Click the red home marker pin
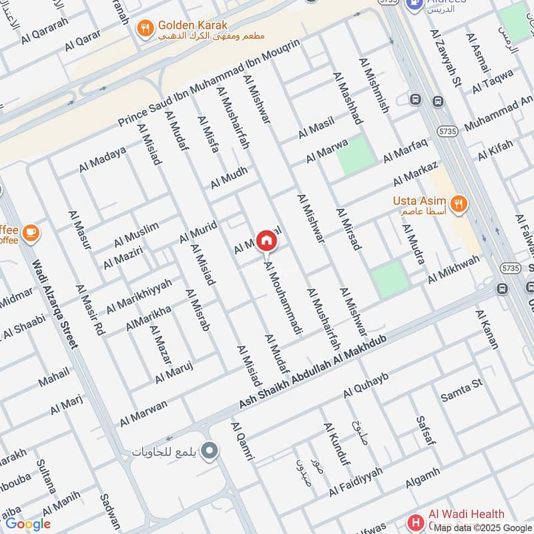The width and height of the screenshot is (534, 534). (266, 240)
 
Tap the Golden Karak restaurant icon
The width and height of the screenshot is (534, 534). (144, 28)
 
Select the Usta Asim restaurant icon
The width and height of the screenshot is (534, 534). (458, 204)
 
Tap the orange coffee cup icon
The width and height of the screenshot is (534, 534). (31, 233)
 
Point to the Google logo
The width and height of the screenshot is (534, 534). (28, 524)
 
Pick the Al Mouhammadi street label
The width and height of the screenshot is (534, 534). (284, 298)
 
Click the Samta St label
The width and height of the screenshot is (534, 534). (461, 391)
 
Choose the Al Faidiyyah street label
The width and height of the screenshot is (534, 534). (356, 481)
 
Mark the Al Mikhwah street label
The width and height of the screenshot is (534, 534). (453, 269)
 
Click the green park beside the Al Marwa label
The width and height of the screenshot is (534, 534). (352, 155)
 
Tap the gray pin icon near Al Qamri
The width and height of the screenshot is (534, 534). (210, 451)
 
